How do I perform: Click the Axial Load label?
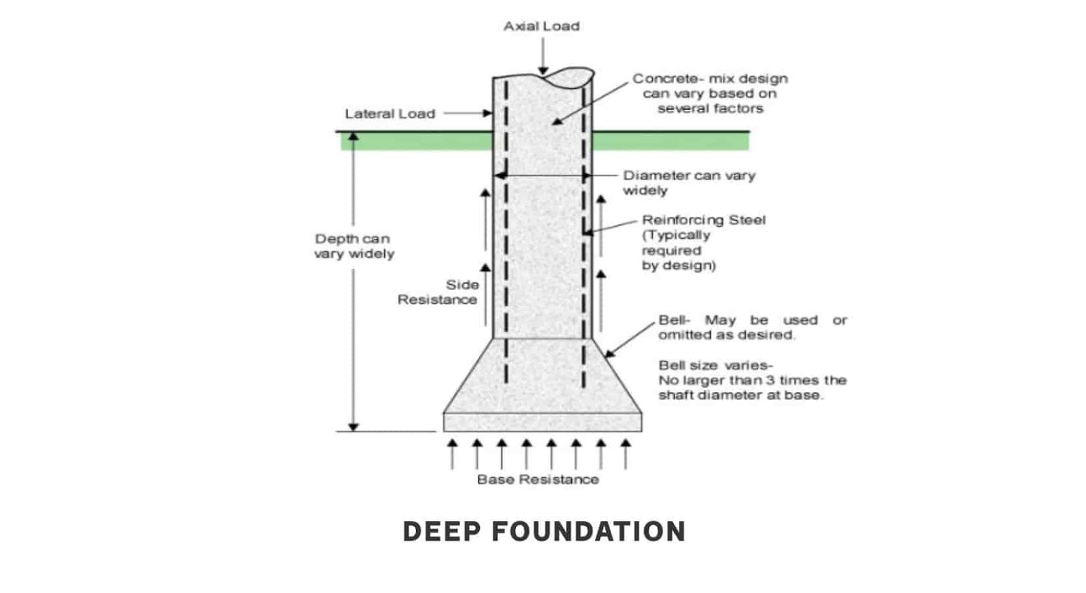click(542, 26)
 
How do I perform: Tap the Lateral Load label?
click(390, 114)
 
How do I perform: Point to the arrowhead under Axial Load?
click(543, 71)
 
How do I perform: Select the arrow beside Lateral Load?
click(468, 113)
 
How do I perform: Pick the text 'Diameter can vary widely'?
click(689, 183)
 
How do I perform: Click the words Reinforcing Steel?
click(703, 220)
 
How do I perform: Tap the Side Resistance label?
click(438, 292)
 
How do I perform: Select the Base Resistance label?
click(538, 480)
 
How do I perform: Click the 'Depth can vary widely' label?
click(354, 247)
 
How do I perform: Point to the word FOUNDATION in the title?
click(588, 531)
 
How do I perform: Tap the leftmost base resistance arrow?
click(452, 454)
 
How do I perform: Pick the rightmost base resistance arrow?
click(625, 454)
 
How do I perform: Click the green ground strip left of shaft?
click(417, 141)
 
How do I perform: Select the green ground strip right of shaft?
click(671, 141)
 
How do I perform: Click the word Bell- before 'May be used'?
click(674, 321)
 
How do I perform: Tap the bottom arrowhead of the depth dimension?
click(354, 427)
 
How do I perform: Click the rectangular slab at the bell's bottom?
click(542, 423)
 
